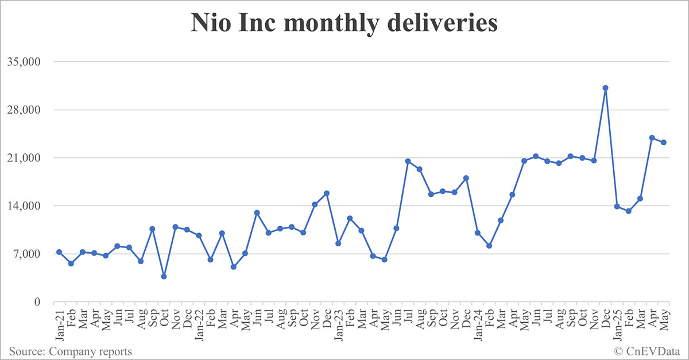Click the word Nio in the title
pyautogui.click(x=211, y=24)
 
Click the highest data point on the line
pyautogui.click(x=605, y=88)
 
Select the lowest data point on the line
pyautogui.click(x=164, y=276)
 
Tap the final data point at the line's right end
pyautogui.click(x=663, y=142)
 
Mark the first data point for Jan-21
pyautogui.click(x=59, y=252)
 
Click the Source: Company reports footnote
pyautogui.click(x=70, y=351)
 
